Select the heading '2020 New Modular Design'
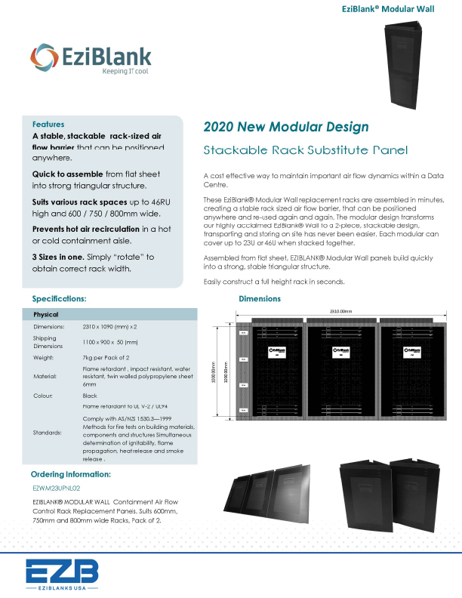[286, 126]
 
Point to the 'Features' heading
[48, 124]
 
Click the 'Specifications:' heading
[64, 299]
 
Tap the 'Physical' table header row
[45, 313]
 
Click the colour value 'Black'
[90, 395]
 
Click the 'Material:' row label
[45, 375]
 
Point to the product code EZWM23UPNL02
[57, 489]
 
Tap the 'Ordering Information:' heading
[70, 474]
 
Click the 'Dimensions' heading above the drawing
[260, 299]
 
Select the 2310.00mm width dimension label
[341, 312]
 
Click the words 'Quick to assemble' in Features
[66, 171]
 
